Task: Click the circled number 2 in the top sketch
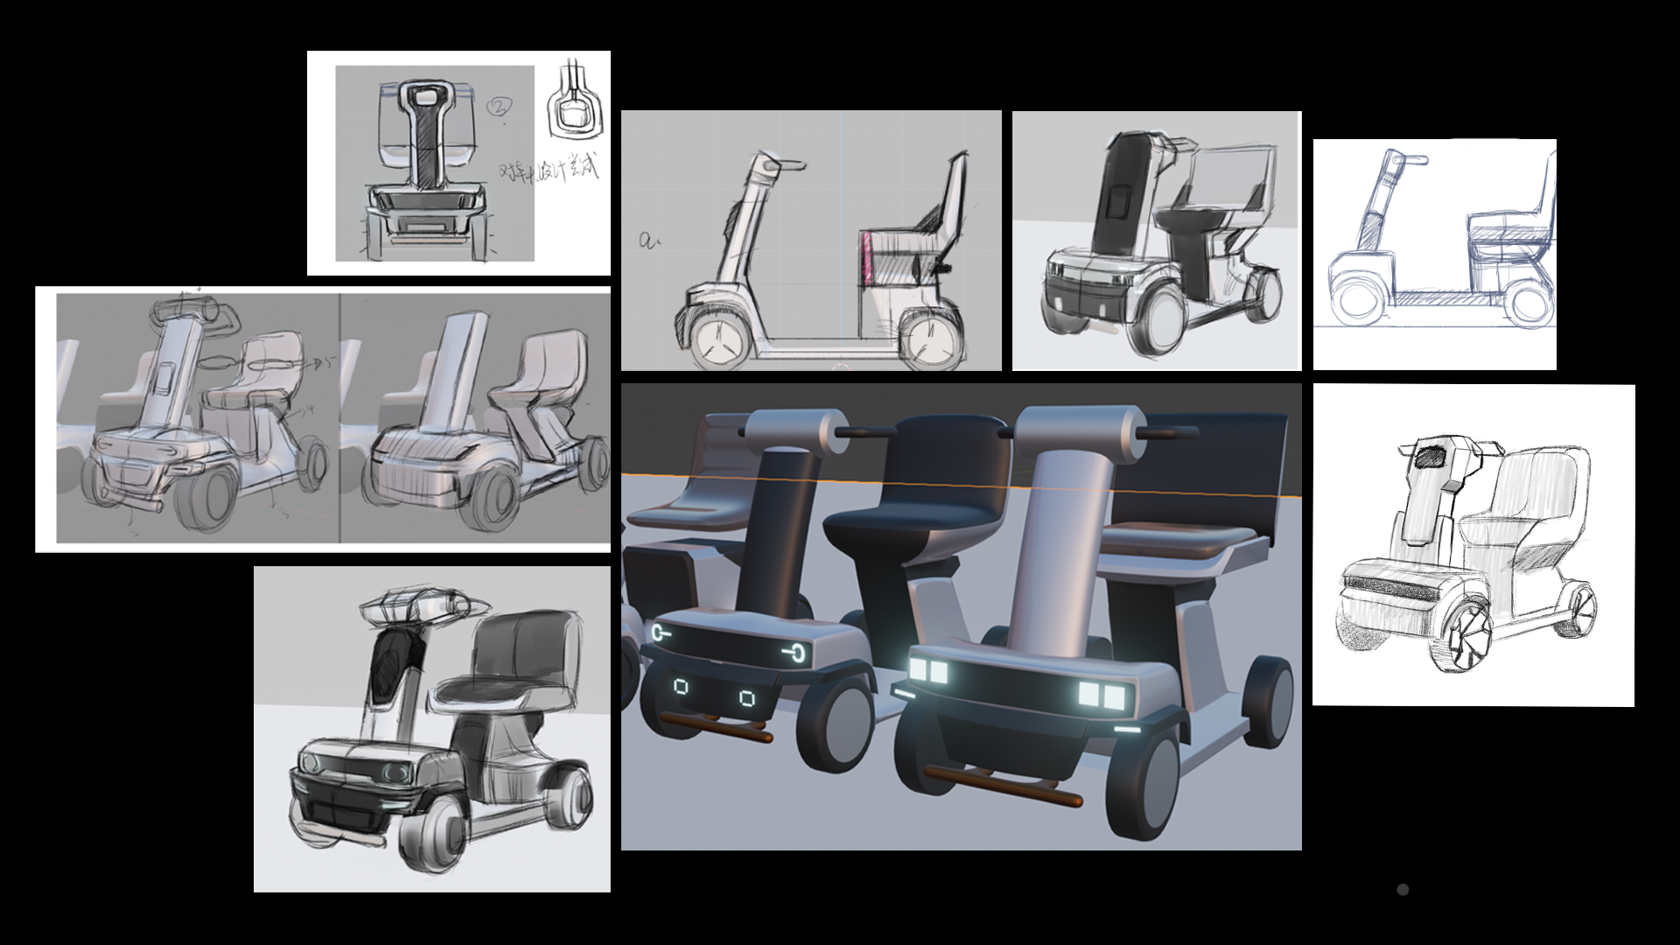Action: pyautogui.click(x=499, y=108)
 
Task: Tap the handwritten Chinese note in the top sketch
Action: pyautogui.click(x=549, y=170)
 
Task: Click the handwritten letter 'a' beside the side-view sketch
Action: pyautogui.click(x=647, y=241)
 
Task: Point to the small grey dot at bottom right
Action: pyautogui.click(x=1403, y=890)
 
